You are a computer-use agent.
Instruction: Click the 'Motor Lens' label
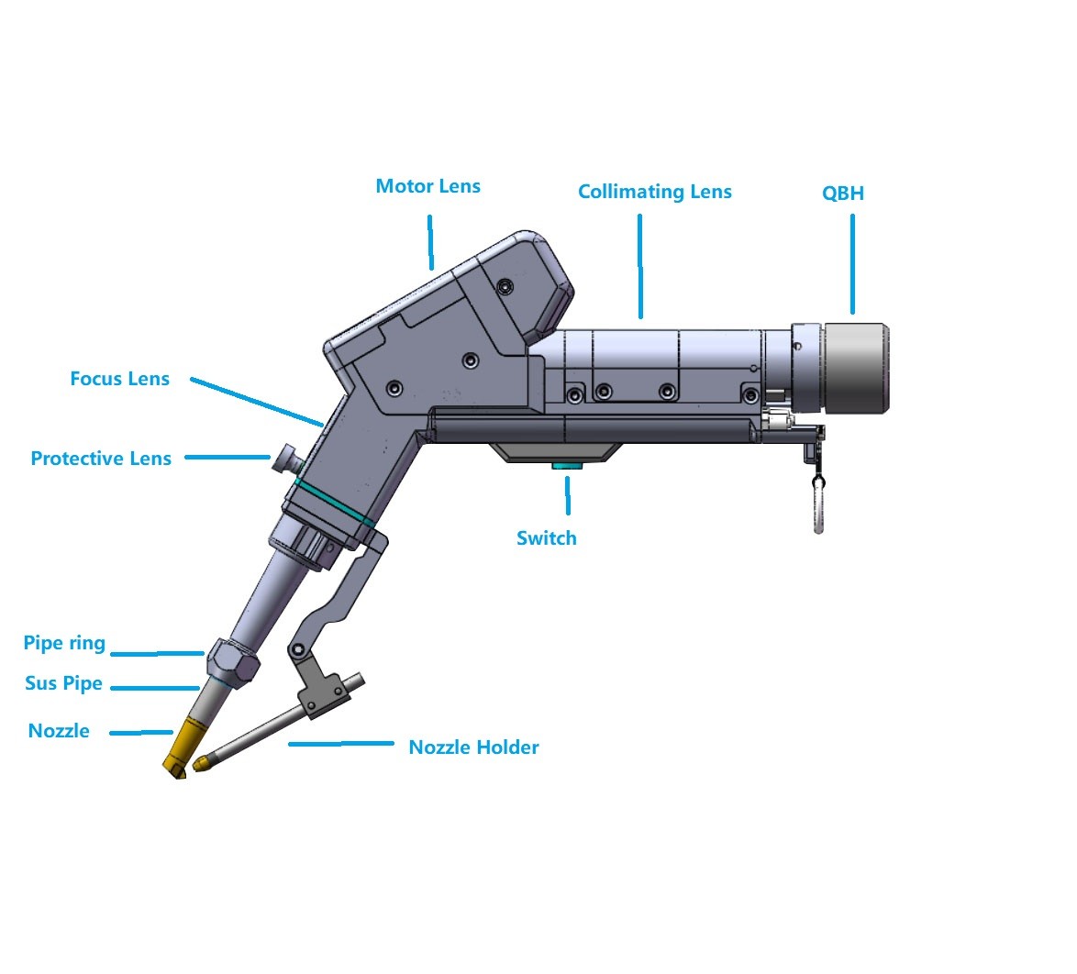click(427, 186)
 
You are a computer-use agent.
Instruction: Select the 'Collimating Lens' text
click(654, 192)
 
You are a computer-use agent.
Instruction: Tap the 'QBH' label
click(842, 194)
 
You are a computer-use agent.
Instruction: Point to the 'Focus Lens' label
click(119, 379)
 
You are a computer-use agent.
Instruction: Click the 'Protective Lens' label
click(101, 459)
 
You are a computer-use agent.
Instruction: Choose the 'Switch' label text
click(546, 538)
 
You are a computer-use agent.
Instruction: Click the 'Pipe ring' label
click(64, 643)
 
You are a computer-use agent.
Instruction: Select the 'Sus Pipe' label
click(63, 683)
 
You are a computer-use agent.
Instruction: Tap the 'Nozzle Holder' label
click(473, 747)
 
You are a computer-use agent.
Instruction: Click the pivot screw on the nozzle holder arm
click(297, 651)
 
